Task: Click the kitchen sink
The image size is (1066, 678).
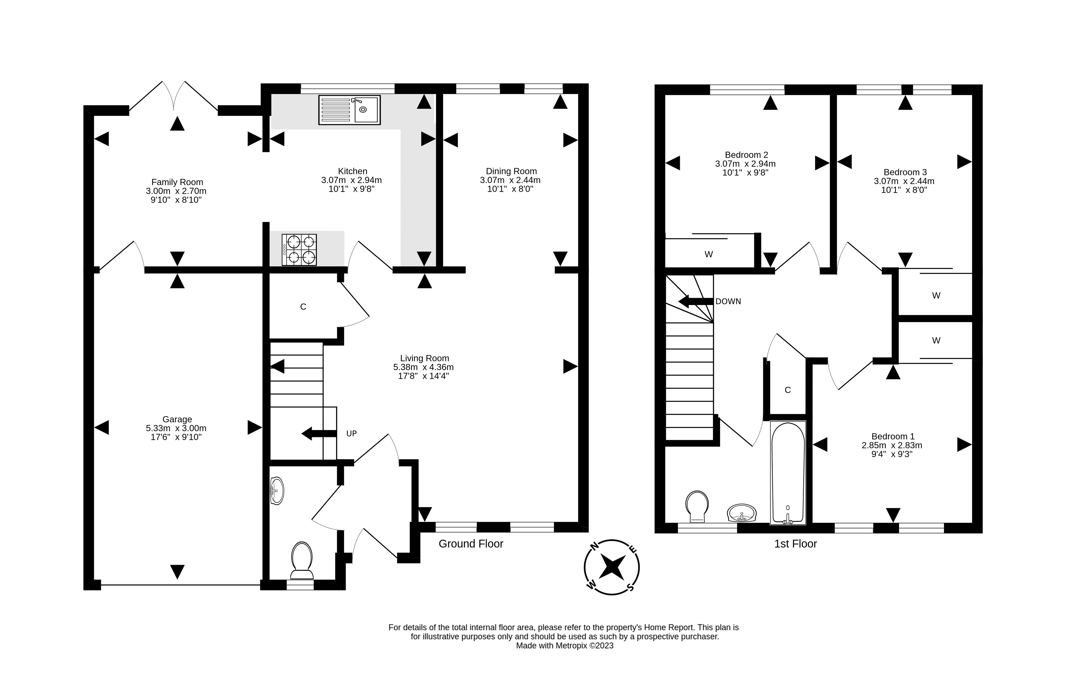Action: point(349,110)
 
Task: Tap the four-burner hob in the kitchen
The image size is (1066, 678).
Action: point(299,250)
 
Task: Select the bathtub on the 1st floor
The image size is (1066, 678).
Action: point(788,473)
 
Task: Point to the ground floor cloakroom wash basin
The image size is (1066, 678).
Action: point(277,491)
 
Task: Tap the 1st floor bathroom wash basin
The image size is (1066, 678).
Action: point(742,513)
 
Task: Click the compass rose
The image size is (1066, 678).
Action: point(611,567)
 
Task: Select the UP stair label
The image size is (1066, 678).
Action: point(351,434)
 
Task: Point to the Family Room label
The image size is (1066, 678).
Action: point(177,182)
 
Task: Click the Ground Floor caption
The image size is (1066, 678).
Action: point(471,544)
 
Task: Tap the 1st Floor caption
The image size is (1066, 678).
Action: point(795,544)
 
